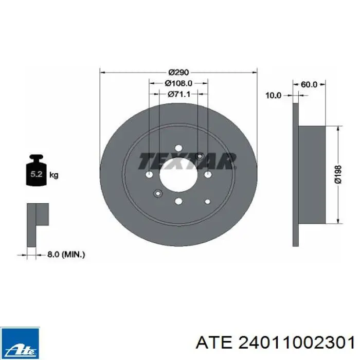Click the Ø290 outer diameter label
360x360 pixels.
[178, 73]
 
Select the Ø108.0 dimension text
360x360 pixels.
[178, 83]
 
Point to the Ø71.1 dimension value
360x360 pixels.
[179, 94]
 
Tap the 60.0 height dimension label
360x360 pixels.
[309, 84]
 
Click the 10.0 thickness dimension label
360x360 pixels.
[273, 95]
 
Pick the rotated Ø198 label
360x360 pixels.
[338, 174]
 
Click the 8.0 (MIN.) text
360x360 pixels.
[66, 255]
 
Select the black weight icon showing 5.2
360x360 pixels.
[36, 170]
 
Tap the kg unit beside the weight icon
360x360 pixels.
[54, 175]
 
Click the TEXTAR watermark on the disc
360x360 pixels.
[187, 161]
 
